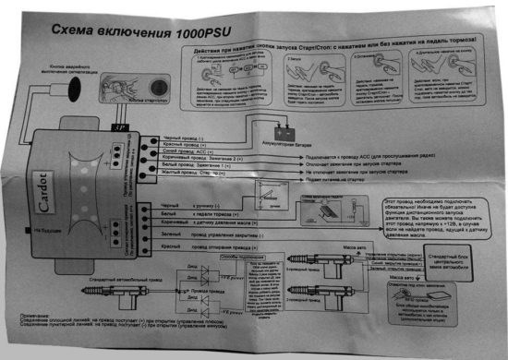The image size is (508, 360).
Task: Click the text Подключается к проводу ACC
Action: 323,156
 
